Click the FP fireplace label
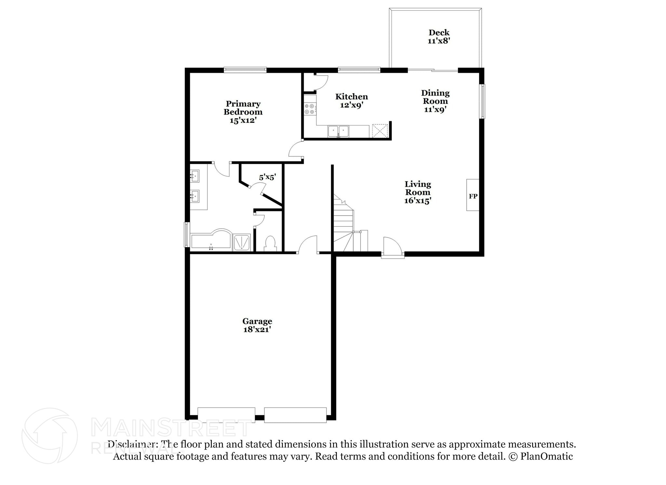[x=473, y=196]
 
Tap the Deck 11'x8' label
[x=439, y=36]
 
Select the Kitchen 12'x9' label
[x=352, y=101]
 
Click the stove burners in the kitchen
[x=310, y=109]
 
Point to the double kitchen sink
[x=338, y=132]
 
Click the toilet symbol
[x=270, y=243]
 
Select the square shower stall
[x=242, y=242]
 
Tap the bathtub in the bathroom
[x=211, y=241]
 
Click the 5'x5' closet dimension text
[x=267, y=177]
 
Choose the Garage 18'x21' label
[x=257, y=325]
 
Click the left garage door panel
[x=226, y=415]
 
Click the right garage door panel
[x=295, y=415]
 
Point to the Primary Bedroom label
[x=243, y=112]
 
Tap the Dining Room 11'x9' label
[x=435, y=101]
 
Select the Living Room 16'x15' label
[x=418, y=192]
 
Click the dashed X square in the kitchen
[x=380, y=131]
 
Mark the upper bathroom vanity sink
[x=194, y=176]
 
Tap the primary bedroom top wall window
[x=245, y=70]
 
